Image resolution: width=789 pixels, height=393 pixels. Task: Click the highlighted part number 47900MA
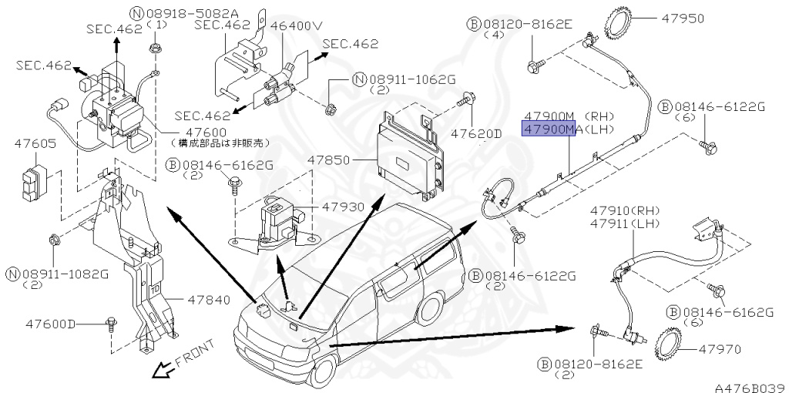(x=549, y=130)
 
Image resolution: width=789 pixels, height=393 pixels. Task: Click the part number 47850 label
(x=329, y=161)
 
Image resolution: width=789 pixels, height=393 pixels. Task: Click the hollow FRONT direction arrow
(x=163, y=371)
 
